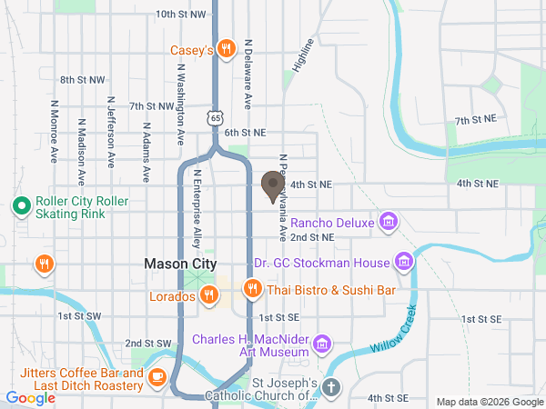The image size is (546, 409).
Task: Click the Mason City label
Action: pyautogui.click(x=180, y=264)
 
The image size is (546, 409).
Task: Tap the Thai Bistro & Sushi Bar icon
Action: pyautogui.click(x=252, y=289)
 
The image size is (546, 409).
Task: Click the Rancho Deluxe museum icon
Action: pyautogui.click(x=389, y=221)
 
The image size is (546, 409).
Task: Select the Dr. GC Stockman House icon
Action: pyautogui.click(x=405, y=262)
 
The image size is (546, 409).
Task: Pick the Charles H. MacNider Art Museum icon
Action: pyautogui.click(x=321, y=343)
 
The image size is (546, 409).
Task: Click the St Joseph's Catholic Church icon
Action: pyautogui.click(x=331, y=387)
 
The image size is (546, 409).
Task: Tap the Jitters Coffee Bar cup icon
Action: pyautogui.click(x=157, y=375)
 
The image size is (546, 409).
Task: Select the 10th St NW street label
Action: pyautogui.click(x=180, y=15)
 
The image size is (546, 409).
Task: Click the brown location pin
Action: pyautogui.click(x=271, y=186)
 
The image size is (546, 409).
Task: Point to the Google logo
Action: pyautogui.click(x=30, y=397)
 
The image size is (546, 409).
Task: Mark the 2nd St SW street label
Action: pyautogui.click(x=148, y=343)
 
